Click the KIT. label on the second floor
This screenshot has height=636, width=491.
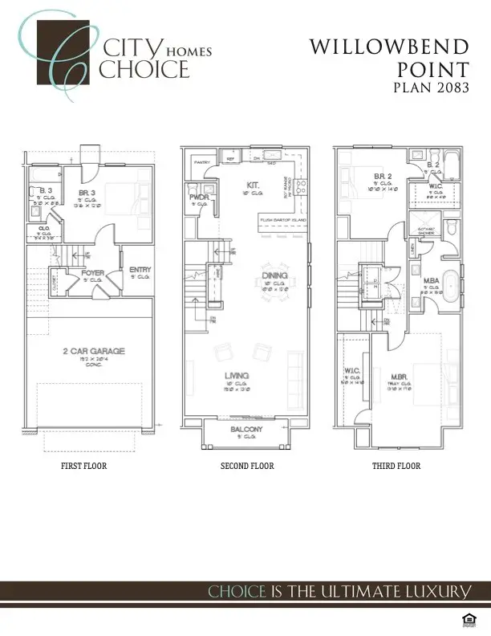coord(252,185)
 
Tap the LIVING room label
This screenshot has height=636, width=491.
coord(236,375)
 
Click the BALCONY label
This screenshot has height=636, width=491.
coord(246,430)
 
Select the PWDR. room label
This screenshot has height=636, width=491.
coord(199,197)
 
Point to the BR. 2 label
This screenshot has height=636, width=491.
coord(381,176)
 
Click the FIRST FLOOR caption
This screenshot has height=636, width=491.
coord(84,466)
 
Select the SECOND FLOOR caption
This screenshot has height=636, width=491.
coord(247,466)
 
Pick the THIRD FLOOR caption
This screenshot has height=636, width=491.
coord(396,466)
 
